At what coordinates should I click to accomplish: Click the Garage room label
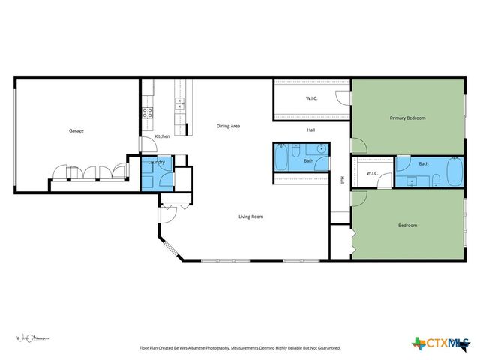(x=76, y=130)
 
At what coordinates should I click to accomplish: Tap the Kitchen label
(x=162, y=136)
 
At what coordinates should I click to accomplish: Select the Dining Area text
(x=228, y=126)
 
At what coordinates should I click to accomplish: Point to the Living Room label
(x=250, y=217)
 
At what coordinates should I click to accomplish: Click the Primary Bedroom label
(x=407, y=118)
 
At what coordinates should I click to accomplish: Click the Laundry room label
(x=157, y=162)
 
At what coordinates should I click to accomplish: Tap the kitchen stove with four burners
(x=148, y=113)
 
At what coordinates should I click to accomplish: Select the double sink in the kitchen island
(x=179, y=101)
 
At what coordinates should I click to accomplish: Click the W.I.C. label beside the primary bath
(x=372, y=174)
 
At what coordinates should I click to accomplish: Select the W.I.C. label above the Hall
(x=311, y=99)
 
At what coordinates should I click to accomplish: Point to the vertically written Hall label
(x=342, y=180)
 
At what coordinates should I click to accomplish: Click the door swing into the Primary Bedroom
(x=358, y=144)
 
